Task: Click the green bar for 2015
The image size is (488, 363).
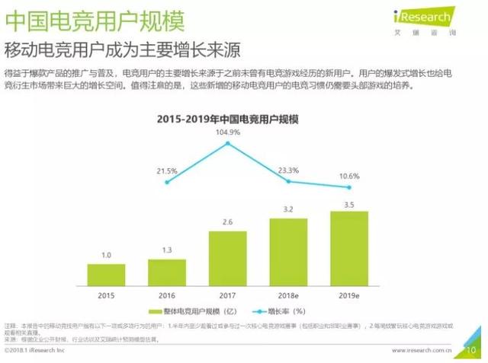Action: pos(108,272)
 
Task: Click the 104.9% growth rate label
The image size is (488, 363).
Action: pos(227,132)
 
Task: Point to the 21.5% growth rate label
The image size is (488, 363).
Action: pos(167,170)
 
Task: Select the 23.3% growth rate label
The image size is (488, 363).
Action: pos(287,170)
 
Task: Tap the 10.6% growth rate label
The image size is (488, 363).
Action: pos(348,176)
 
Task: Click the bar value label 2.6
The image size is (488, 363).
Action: pos(227,221)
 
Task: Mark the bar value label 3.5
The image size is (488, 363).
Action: pos(349,205)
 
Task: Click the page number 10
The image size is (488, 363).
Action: pos(470,351)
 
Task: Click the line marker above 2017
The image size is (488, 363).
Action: pos(227,144)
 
